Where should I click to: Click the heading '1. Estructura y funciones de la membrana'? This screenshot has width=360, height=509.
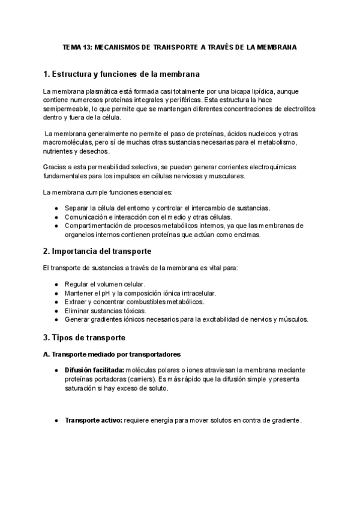point(122,74)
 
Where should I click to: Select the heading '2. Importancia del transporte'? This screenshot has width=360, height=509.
point(98,250)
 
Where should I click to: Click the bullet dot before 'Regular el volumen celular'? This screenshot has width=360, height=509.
point(56,284)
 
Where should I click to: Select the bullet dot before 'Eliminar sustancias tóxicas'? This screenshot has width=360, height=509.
point(56,311)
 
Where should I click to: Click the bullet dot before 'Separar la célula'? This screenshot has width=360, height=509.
point(56,208)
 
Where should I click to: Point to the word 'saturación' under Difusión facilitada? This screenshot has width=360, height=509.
point(83,389)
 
